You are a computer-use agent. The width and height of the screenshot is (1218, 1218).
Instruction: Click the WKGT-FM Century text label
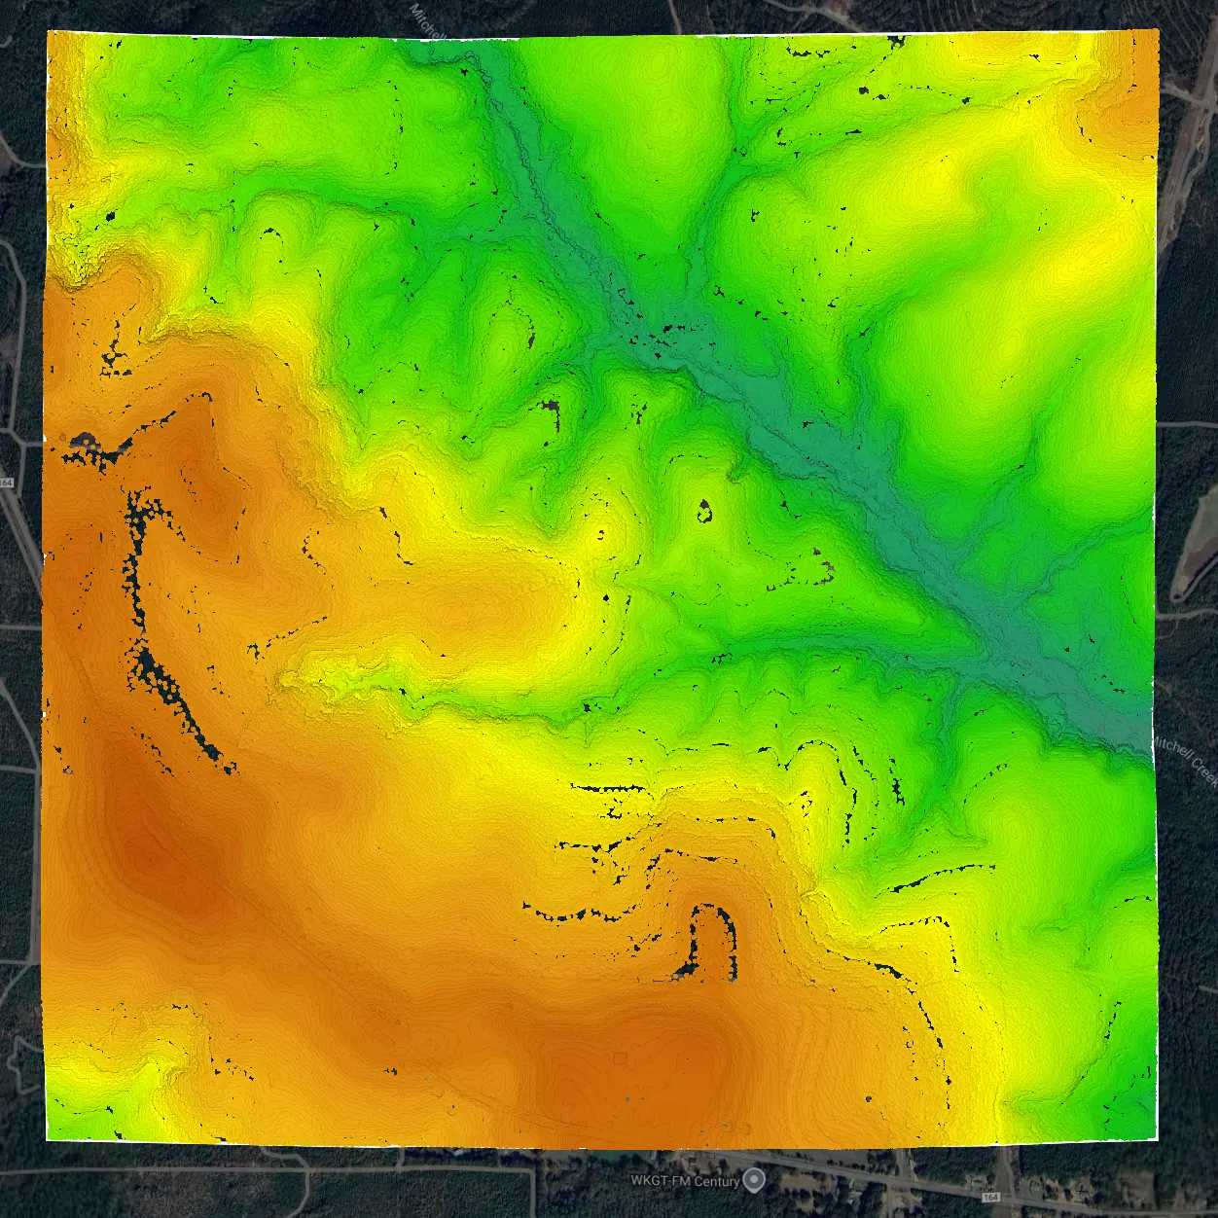click(x=685, y=1181)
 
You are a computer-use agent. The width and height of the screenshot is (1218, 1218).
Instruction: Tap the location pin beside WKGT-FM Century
click(x=755, y=1180)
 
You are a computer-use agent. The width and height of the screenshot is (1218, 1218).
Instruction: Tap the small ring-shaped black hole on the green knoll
click(x=704, y=511)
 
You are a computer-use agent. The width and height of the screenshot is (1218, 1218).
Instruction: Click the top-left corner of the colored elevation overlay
click(x=49, y=32)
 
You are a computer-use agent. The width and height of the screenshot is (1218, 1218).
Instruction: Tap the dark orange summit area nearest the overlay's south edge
click(x=671, y=1060)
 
